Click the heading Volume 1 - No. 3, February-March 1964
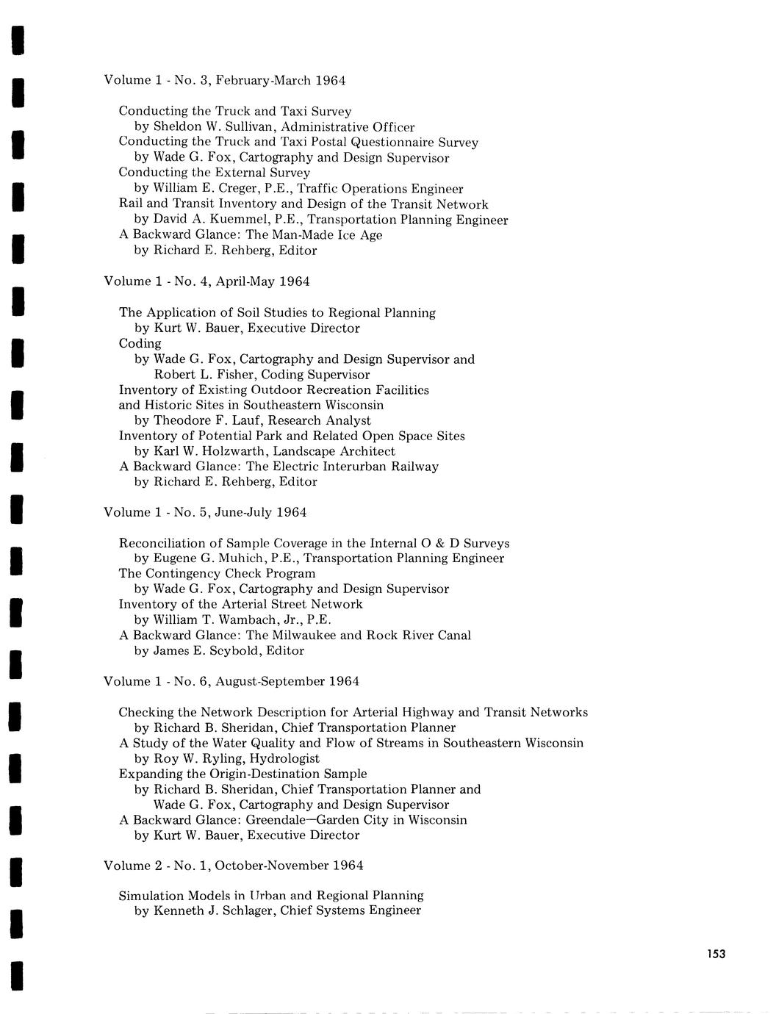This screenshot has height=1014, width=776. coord(225,80)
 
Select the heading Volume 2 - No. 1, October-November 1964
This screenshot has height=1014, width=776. coord(234,866)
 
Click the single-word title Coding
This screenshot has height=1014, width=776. coord(140,344)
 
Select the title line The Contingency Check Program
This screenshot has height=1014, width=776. coord(217,574)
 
